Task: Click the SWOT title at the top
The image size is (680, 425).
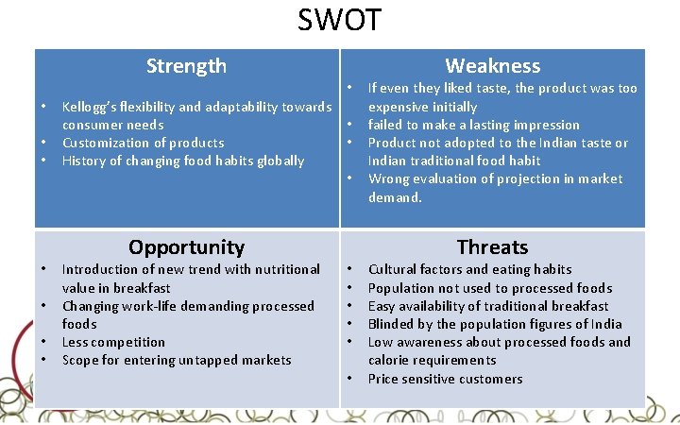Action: coord(340,19)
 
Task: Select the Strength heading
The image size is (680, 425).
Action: coord(186,66)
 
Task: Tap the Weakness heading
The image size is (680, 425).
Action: coord(492,66)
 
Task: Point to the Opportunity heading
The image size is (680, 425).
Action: coord(186,247)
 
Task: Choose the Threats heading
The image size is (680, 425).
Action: coord(492,247)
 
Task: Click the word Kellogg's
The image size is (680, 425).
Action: coord(90,107)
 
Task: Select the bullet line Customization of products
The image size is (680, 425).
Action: coord(143,143)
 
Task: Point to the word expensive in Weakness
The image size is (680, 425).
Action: coord(397,107)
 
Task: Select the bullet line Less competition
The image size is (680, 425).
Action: coord(113,342)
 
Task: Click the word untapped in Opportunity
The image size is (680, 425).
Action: coord(213,360)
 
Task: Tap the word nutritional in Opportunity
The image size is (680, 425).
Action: coord(283,269)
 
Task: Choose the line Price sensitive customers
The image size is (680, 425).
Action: coord(445,379)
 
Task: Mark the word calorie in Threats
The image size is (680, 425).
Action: coord(389,360)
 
